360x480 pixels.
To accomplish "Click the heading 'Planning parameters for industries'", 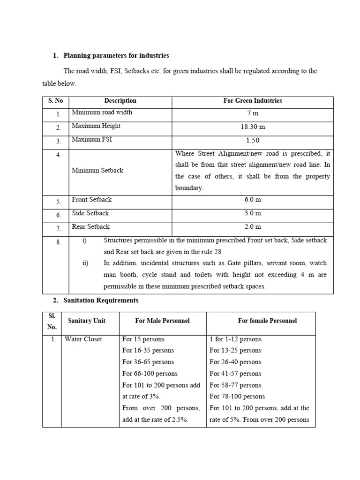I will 116,55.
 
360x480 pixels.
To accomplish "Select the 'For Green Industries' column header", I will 253,101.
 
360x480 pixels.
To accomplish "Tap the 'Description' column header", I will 120,101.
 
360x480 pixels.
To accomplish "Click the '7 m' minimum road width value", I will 253,113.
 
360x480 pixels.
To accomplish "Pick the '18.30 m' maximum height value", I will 253,127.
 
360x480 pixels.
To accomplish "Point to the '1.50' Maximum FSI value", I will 253,140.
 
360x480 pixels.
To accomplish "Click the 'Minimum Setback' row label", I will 97,171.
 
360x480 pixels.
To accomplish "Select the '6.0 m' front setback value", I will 253,200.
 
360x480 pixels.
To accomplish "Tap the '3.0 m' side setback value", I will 253,213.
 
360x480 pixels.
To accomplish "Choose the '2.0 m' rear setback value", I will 253,227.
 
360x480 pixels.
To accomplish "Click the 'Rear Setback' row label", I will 90,227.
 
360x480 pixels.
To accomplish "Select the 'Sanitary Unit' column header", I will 87,321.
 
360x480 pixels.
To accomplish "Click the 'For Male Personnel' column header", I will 162,321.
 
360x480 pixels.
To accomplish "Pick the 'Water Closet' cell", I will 83,339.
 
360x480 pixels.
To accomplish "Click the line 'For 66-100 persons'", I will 150,374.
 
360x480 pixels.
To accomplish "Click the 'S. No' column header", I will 56,101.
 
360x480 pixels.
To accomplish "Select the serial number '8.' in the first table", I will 58,242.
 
